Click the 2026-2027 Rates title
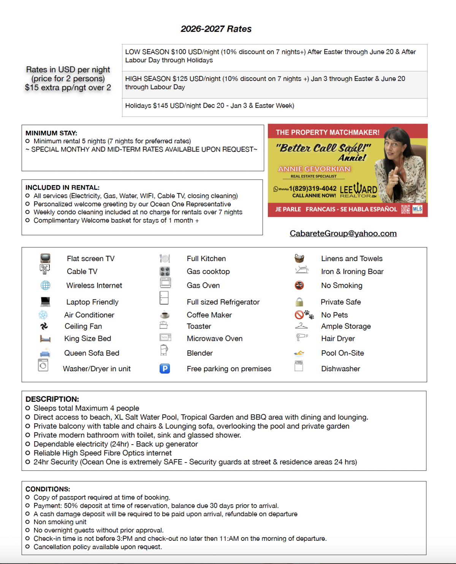point(216,29)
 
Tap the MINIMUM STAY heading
point(51,133)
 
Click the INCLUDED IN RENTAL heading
point(62,187)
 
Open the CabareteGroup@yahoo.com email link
point(343,233)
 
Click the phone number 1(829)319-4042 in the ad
point(313,189)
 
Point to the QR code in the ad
point(405,209)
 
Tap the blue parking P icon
point(165,369)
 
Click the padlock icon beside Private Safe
point(299,302)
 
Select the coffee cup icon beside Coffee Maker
point(165,315)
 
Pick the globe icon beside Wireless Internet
point(45,285)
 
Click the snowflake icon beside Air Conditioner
point(43,315)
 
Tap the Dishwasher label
point(340,369)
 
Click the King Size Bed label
point(87,339)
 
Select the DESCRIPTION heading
point(52,399)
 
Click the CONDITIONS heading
point(47,489)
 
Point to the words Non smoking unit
point(60,522)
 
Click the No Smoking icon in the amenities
point(299,285)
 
